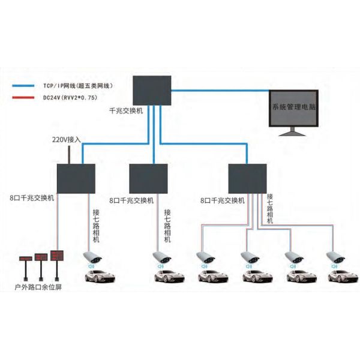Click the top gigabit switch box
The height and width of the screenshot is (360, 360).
click(x=151, y=90)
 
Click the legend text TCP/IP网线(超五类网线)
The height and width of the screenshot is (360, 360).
click(x=77, y=86)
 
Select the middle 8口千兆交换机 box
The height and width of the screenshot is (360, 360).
click(x=148, y=178)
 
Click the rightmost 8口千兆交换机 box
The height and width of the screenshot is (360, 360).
click(x=247, y=177)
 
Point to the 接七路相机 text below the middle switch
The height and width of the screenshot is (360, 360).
click(x=167, y=225)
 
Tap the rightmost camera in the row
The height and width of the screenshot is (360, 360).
click(x=334, y=259)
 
